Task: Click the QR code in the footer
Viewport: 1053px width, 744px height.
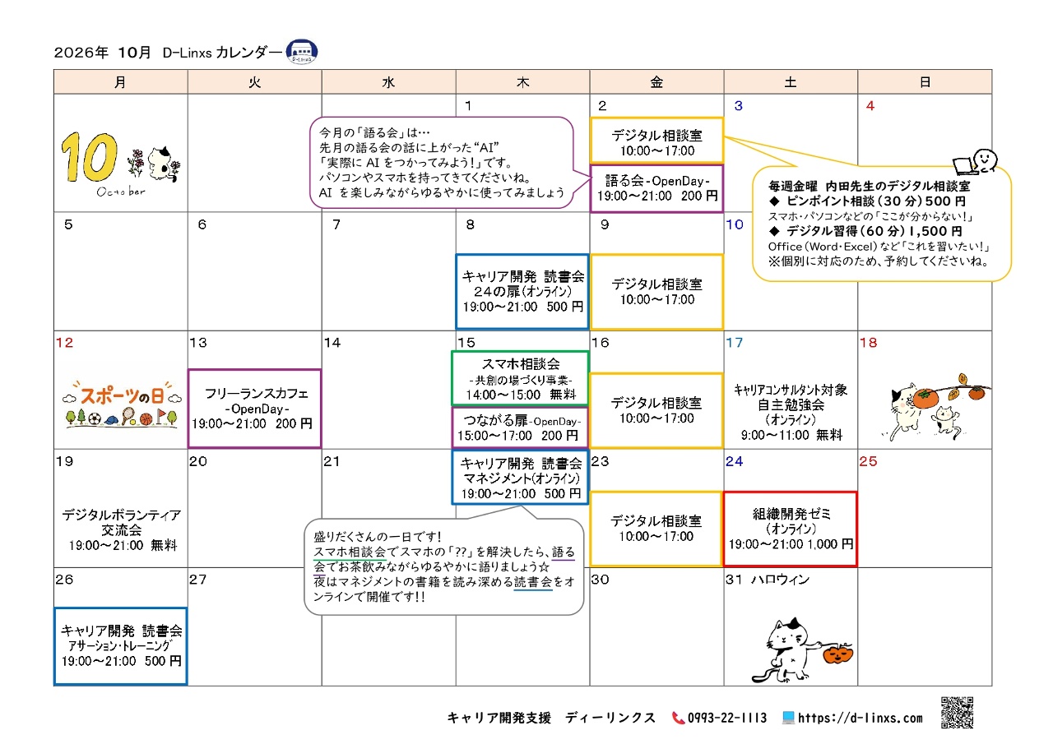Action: point(957,712)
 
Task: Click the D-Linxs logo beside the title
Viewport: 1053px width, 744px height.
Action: point(302,52)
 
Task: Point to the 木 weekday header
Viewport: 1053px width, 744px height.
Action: point(522,82)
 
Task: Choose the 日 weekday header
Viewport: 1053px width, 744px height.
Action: point(925,82)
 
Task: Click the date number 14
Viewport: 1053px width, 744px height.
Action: point(332,343)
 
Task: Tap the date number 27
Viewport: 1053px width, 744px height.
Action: point(198,579)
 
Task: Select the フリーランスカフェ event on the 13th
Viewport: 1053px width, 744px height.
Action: point(255,408)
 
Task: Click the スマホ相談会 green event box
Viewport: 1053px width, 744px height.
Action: point(520,378)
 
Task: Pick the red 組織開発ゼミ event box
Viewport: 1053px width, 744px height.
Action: point(791,529)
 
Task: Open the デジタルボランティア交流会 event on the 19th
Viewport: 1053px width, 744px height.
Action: point(122,529)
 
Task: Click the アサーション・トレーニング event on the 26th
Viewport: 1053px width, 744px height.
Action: point(121,646)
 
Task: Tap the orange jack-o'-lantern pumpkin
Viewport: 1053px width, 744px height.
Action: point(837,654)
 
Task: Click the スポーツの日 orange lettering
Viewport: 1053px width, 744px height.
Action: point(123,395)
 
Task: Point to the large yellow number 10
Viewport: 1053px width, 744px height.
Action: point(89,157)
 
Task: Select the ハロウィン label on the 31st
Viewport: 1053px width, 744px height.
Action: point(781,580)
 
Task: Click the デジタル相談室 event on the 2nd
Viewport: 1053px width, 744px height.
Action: point(656,141)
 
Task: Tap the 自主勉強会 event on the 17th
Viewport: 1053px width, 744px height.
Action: point(791,412)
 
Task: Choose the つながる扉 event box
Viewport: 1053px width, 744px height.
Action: point(520,427)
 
